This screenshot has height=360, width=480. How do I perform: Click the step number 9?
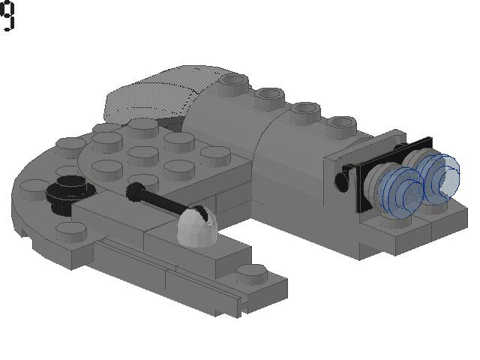pos(7,15)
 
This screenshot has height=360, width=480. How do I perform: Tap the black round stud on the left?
pos(70,193)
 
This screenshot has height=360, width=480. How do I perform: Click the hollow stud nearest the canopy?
pos(233,82)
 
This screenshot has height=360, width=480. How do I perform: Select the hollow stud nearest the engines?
pos(341,125)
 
